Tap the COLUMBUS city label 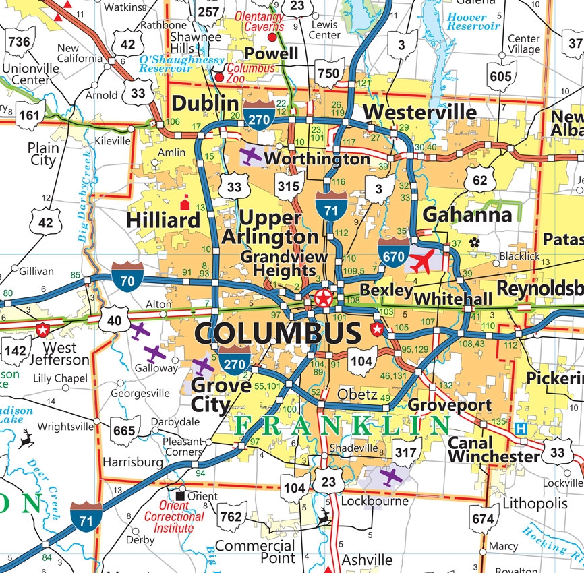[x=278, y=333]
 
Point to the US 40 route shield [x=114, y=319]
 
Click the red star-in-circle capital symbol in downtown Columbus [x=323, y=297]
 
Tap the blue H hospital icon [x=521, y=428]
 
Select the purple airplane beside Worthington [x=251, y=156]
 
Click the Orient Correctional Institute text [x=174, y=516]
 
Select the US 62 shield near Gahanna [x=479, y=180]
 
